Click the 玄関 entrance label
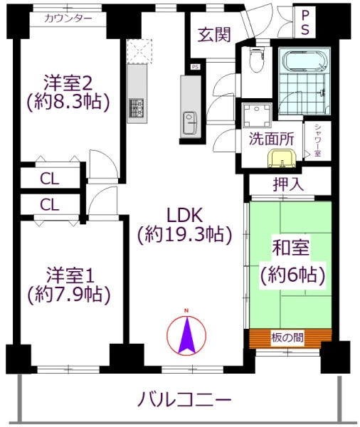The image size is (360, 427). [x=214, y=35]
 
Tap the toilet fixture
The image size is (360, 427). [x=256, y=59]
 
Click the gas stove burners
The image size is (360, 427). [x=137, y=107]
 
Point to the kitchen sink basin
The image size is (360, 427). [x=190, y=123]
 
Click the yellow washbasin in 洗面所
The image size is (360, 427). [x=282, y=159]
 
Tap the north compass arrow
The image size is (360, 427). [x=186, y=335]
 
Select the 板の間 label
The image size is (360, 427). [x=287, y=337]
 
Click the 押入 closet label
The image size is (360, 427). [x=288, y=184]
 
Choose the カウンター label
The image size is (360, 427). [x=68, y=19]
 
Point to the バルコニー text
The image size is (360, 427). [x=185, y=399]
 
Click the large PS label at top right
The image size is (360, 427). [x=305, y=22]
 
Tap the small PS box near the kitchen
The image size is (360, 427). [x=195, y=67]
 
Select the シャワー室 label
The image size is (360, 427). [x=317, y=140]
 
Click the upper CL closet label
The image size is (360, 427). [x=49, y=179]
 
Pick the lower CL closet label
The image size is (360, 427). [x=49, y=204]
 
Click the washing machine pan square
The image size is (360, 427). [x=257, y=115]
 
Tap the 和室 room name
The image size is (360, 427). [x=290, y=247]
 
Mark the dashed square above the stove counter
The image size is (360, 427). [x=139, y=51]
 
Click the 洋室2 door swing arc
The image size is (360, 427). [x=104, y=164]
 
